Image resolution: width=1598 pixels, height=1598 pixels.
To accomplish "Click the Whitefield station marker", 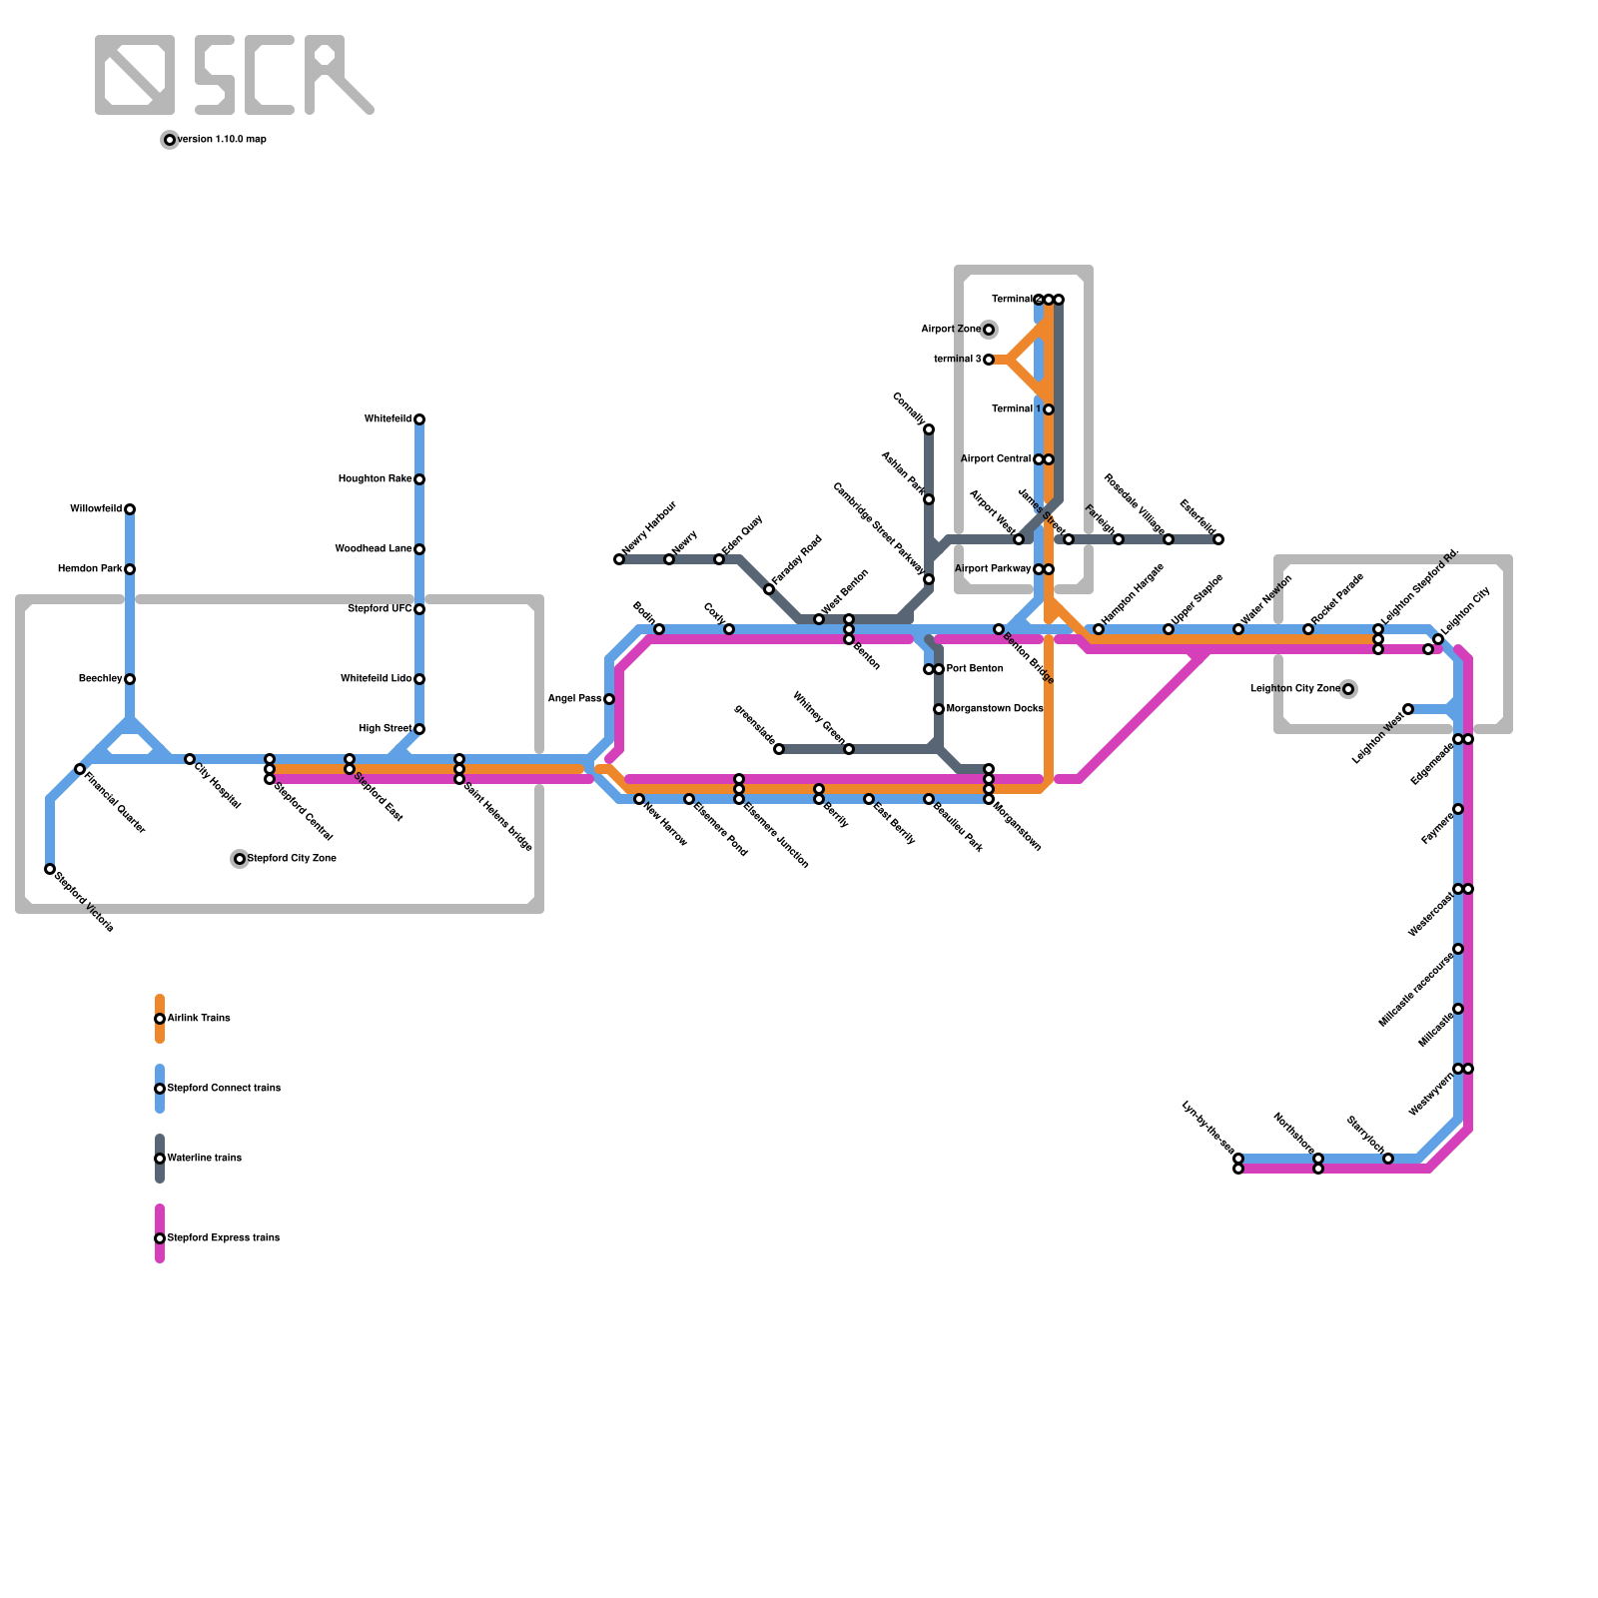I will click(419, 419).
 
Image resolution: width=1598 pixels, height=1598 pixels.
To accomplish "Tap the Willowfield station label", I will click(96, 509).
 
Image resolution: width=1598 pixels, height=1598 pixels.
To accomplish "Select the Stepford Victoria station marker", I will click(50, 869).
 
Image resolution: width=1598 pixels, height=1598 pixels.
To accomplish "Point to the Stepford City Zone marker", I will click(240, 859).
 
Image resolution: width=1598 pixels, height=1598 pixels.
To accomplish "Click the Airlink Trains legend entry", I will click(199, 1019).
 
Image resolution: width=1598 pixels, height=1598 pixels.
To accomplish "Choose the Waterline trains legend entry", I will click(204, 1159).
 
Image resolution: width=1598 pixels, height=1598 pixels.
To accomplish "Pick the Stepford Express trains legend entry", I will click(223, 1238).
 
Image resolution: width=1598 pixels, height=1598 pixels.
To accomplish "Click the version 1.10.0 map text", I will click(222, 140).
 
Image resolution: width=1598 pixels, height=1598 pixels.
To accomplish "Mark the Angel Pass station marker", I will click(609, 699).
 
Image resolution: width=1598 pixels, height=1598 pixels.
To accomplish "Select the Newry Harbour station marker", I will click(619, 559).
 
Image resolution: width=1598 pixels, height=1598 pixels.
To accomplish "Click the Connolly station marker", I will click(929, 429).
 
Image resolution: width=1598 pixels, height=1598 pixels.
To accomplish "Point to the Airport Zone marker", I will click(989, 330).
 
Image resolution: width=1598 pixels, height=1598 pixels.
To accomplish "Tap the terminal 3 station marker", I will click(989, 360).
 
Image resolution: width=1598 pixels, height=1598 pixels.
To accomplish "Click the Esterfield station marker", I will click(1218, 539).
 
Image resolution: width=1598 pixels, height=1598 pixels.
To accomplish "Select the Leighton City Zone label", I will click(1294, 689).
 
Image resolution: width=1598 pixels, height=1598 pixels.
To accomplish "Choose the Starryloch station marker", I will click(1388, 1159).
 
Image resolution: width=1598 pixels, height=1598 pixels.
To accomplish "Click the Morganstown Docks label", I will click(995, 709).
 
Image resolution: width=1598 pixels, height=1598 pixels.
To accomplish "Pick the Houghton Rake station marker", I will click(419, 479).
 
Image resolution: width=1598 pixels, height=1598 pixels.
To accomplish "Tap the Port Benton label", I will click(975, 669).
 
